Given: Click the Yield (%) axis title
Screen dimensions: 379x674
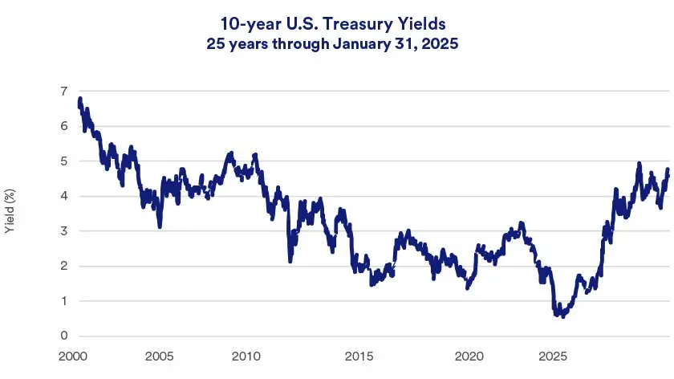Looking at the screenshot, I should [10, 213].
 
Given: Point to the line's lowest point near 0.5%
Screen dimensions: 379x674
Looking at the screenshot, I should [562, 316].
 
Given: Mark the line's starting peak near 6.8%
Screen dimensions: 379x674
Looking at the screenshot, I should [80, 100].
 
